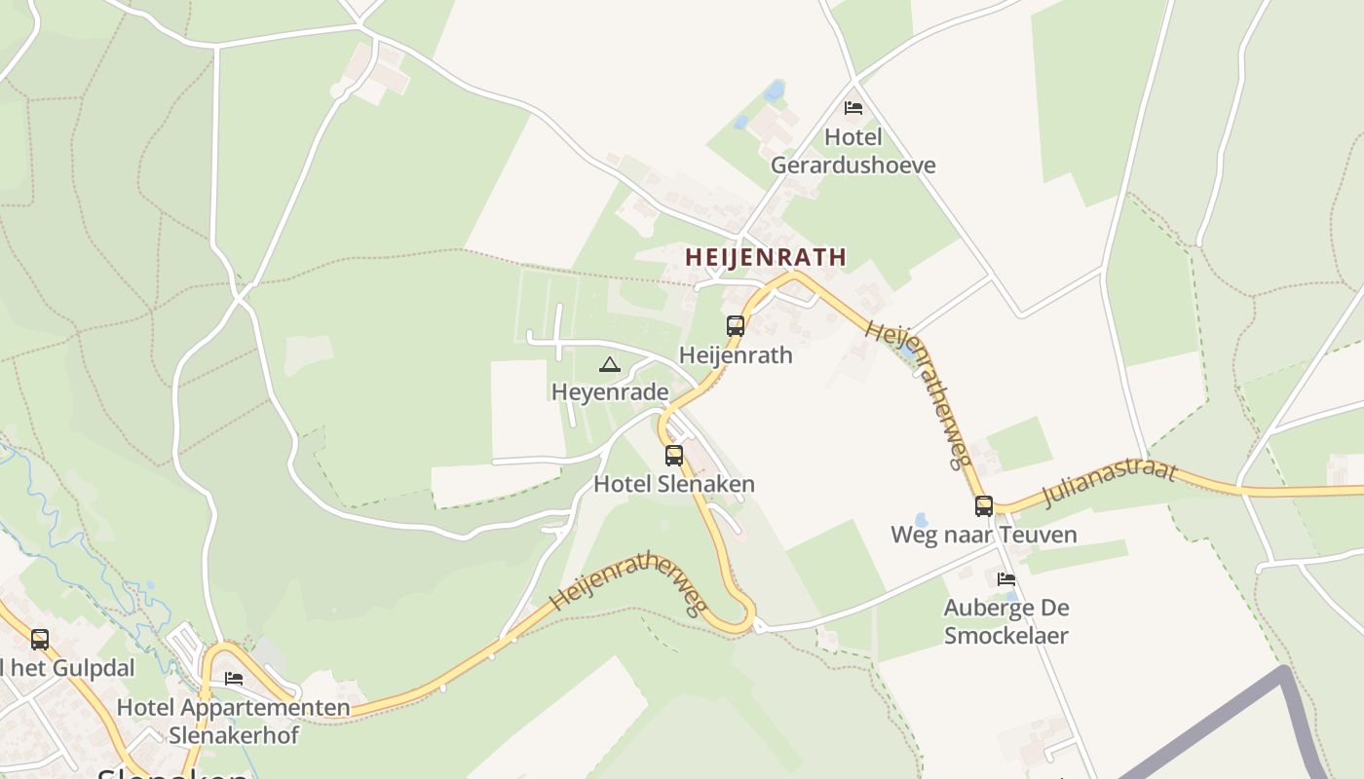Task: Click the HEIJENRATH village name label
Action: click(x=765, y=257)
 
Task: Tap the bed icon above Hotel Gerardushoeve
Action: click(x=853, y=108)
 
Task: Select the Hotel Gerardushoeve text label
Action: click(x=852, y=151)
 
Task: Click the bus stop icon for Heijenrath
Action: click(x=736, y=326)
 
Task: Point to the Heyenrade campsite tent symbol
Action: click(x=610, y=365)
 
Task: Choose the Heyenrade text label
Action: click(x=610, y=391)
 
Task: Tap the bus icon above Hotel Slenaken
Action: click(x=674, y=456)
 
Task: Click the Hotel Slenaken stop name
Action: click(x=674, y=484)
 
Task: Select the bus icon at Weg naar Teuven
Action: click(x=984, y=506)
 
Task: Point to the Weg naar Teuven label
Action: click(x=984, y=535)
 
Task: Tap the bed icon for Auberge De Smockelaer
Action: click(x=1006, y=579)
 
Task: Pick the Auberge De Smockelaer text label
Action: click(x=1006, y=621)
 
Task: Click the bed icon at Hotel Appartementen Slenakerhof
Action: click(x=234, y=679)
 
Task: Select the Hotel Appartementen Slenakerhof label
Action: click(x=234, y=721)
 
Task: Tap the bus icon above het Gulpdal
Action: click(x=40, y=640)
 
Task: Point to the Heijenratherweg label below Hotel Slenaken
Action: click(x=628, y=582)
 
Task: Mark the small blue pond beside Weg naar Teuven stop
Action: click(x=921, y=520)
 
